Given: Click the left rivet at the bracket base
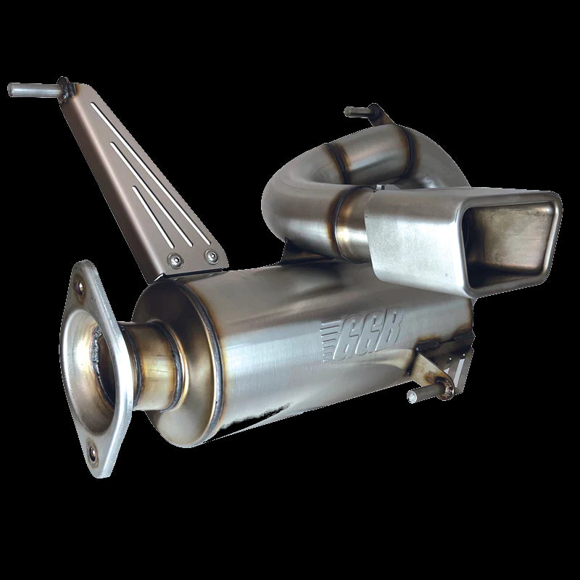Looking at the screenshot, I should (x=175, y=259).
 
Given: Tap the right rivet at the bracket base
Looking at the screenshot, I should (x=210, y=254).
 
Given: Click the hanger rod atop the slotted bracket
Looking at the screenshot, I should (x=33, y=91).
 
